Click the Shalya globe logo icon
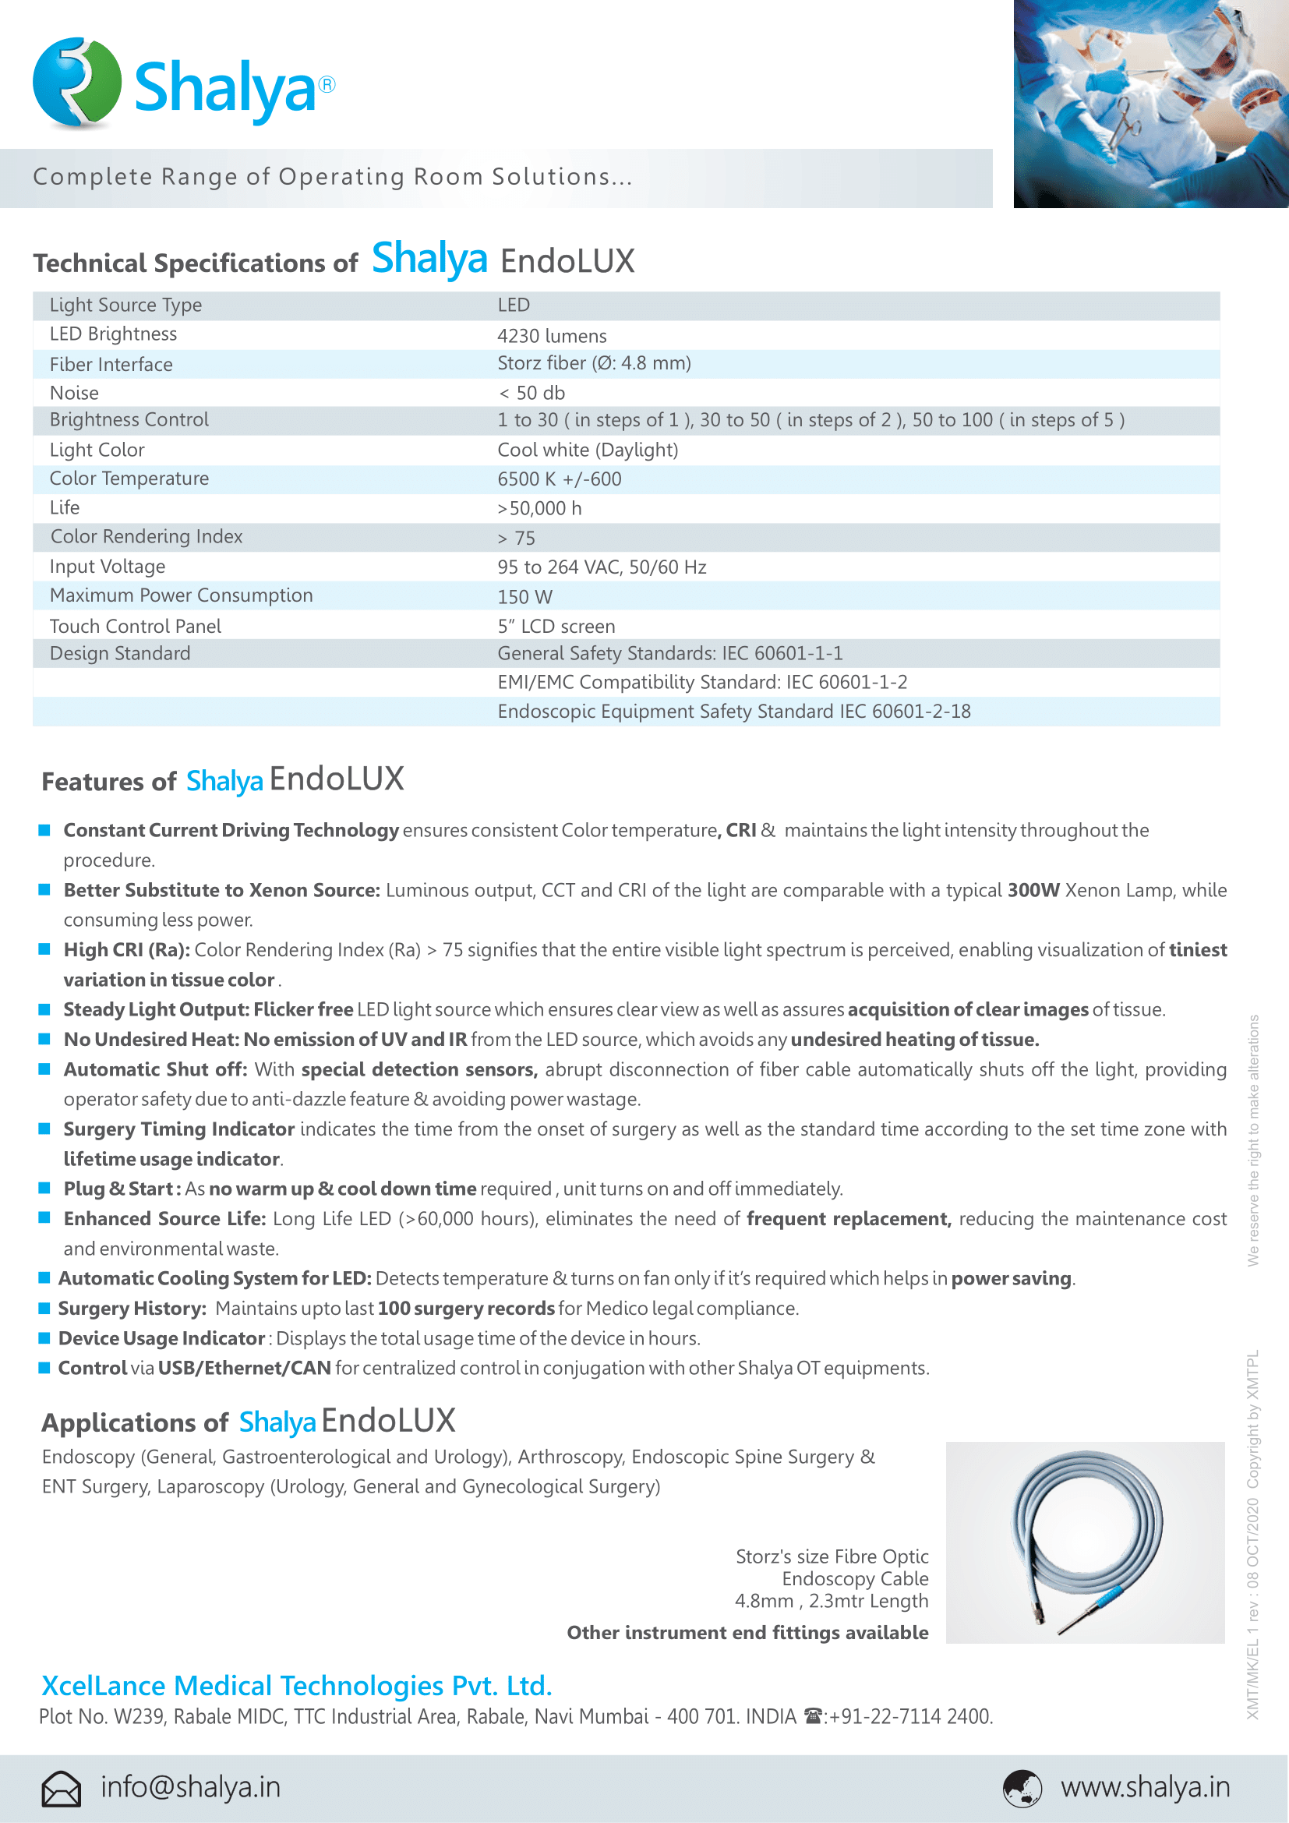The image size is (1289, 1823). pyautogui.click(x=76, y=83)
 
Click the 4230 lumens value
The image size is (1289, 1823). pyautogui.click(x=552, y=336)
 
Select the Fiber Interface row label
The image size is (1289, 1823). pyautogui.click(x=111, y=365)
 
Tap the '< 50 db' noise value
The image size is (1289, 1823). pyautogui.click(x=531, y=393)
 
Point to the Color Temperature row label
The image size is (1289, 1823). pyautogui.click(x=129, y=479)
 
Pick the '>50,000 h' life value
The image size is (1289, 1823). pyautogui.click(x=539, y=508)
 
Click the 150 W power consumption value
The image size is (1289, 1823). pyautogui.click(x=524, y=597)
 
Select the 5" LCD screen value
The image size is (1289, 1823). pyautogui.click(x=556, y=627)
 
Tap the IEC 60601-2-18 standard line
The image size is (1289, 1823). pyautogui.click(x=733, y=712)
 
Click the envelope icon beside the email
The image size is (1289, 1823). pyautogui.click(x=61, y=1788)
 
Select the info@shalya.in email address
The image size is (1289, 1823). pyautogui.click(x=190, y=1787)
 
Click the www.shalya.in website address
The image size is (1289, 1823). pyautogui.click(x=1145, y=1787)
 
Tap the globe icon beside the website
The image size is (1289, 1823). pyautogui.click(x=1022, y=1788)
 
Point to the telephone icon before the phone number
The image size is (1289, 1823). pyautogui.click(x=813, y=1715)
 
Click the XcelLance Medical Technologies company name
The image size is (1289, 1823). pyautogui.click(x=296, y=1685)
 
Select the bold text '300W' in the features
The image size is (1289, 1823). pyautogui.click(x=1033, y=890)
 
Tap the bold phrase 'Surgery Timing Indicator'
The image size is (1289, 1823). pyautogui.click(x=179, y=1129)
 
